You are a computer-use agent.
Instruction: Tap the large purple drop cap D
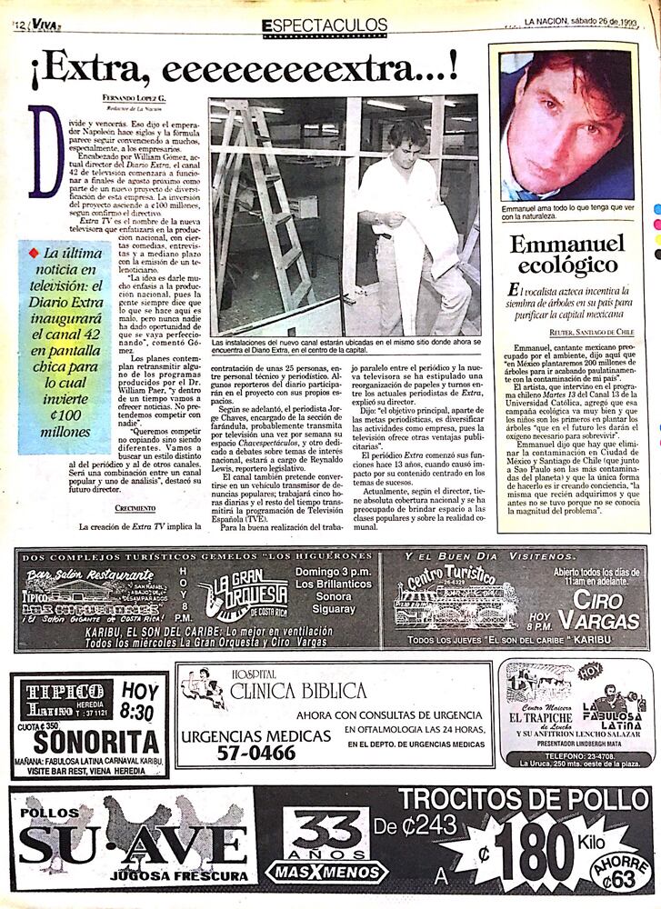[45, 151]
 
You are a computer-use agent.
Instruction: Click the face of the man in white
[406, 144]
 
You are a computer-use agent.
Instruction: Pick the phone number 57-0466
[238, 752]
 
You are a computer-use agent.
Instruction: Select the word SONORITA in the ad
[90, 740]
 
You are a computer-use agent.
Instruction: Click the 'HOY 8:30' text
[139, 701]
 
